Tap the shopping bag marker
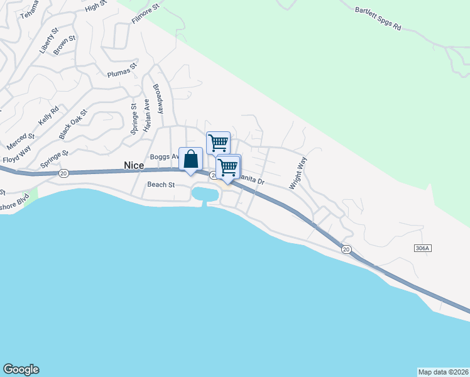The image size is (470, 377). (x=191, y=160)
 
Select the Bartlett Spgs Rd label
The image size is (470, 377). (x=378, y=18)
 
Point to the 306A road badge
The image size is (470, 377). (x=423, y=249)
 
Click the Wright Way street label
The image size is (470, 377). (x=298, y=173)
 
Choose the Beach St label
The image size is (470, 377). (x=160, y=185)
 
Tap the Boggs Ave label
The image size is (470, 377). (x=165, y=156)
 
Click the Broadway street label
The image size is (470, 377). (x=160, y=99)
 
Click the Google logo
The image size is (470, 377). (x=21, y=369)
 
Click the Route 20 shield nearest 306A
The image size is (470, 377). (x=346, y=249)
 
